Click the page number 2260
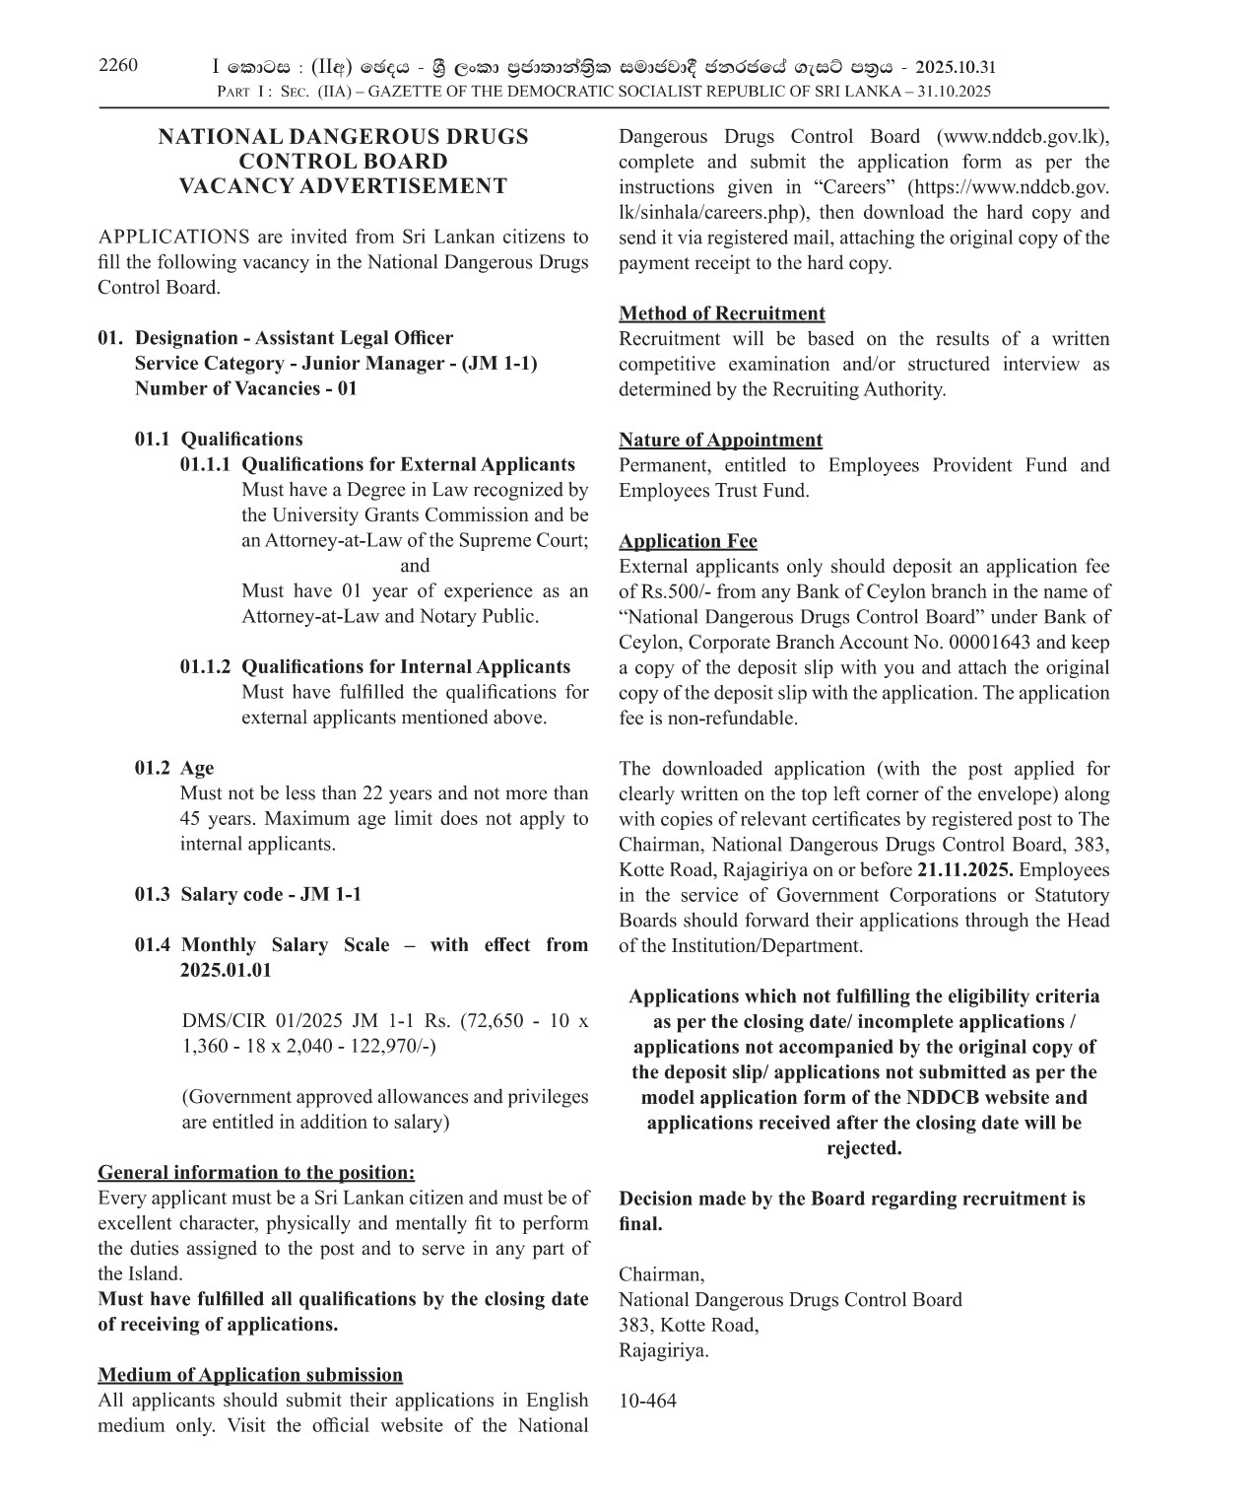coord(118,66)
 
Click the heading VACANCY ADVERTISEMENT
coord(343,186)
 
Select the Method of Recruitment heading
coord(721,313)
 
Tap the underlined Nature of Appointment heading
coord(720,440)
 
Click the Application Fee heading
coord(688,541)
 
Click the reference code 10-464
coord(647,1401)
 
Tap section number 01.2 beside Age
coord(152,768)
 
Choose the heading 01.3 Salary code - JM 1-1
coord(247,894)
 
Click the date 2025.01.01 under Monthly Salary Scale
coord(225,970)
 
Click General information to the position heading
coord(256,1173)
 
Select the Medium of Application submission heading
coord(250,1375)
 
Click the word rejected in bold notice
coord(863,1148)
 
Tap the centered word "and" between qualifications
coord(415,566)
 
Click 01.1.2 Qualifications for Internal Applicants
coord(374,667)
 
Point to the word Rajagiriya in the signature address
coord(662,1350)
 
